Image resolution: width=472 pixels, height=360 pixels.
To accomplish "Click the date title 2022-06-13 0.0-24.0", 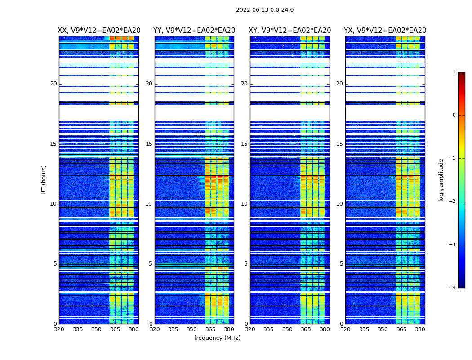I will point(265,10).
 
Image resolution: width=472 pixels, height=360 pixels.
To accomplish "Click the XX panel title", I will point(99,31).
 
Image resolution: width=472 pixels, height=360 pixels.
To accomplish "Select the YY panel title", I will point(194,31).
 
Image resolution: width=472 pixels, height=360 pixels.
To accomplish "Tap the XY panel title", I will point(290,31).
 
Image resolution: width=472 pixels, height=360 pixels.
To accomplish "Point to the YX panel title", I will point(385,31).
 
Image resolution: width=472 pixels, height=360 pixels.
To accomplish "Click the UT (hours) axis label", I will point(44,180).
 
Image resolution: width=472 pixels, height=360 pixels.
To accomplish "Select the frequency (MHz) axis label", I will point(217,338).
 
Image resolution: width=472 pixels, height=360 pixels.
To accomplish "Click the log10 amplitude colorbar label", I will point(441,180).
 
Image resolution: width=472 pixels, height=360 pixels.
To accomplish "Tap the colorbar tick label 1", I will point(454,72).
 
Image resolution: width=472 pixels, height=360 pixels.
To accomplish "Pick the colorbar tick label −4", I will point(453,288).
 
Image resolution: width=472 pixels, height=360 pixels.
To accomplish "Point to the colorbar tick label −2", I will point(453,202).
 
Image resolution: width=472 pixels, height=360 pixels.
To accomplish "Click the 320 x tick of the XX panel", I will point(59,329).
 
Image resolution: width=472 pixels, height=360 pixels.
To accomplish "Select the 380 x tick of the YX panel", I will point(420,329).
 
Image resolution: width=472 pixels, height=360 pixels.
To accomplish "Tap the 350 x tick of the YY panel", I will point(192,329).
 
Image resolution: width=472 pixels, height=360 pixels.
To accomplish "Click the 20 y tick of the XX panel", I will point(53,84).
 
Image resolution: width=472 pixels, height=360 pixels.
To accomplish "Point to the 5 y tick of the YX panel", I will point(341,264).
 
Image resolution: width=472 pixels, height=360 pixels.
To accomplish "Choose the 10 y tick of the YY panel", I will point(149,204).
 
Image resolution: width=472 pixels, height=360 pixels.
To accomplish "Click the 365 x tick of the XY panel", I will point(306,329).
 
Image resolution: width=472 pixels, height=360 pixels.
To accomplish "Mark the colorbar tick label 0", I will point(454,115).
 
